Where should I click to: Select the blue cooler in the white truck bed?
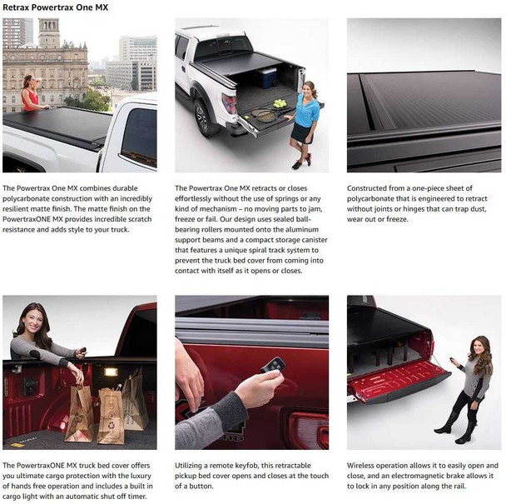pyautogui.click(x=266, y=77)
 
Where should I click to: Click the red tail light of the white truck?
pyautogui.click(x=231, y=103)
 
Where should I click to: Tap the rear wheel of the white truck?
pyautogui.click(x=201, y=120)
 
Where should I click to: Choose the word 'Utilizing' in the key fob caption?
pyautogui.click(x=191, y=465)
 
